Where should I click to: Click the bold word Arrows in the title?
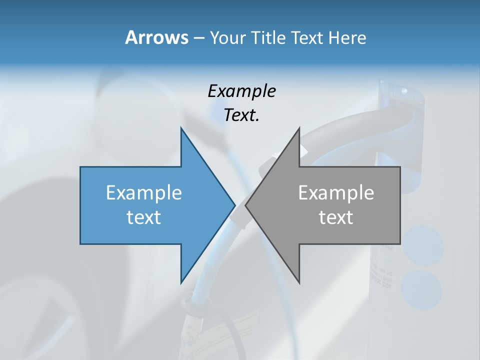[156, 37]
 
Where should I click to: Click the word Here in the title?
[347, 38]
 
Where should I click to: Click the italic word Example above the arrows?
[241, 91]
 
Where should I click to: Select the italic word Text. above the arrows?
[241, 115]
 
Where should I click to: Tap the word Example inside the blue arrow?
[144, 193]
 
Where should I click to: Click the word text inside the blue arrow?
[144, 217]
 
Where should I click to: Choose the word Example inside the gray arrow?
[336, 193]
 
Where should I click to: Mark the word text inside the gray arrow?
[336, 217]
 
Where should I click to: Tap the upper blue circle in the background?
[423, 246]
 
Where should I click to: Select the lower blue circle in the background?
[421, 289]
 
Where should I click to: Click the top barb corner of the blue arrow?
[181, 128]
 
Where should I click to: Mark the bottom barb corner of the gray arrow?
[299, 282]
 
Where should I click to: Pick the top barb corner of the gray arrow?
[299, 128]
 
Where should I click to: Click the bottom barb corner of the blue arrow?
[181, 282]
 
